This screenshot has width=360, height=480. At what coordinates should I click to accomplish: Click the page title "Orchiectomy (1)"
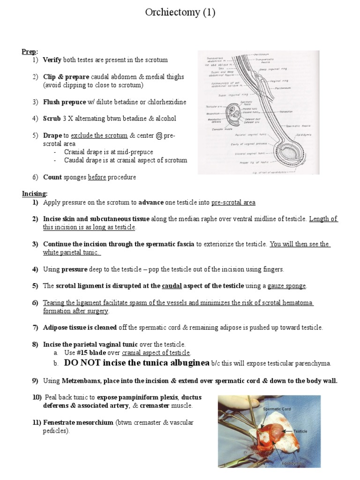click(180, 13)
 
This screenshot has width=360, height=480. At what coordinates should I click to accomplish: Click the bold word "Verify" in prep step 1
click(52, 60)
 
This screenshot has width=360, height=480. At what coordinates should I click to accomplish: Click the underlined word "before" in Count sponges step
click(97, 177)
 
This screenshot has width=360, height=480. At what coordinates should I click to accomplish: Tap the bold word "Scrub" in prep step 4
click(52, 119)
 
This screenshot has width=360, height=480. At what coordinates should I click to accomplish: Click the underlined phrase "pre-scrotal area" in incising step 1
click(233, 202)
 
